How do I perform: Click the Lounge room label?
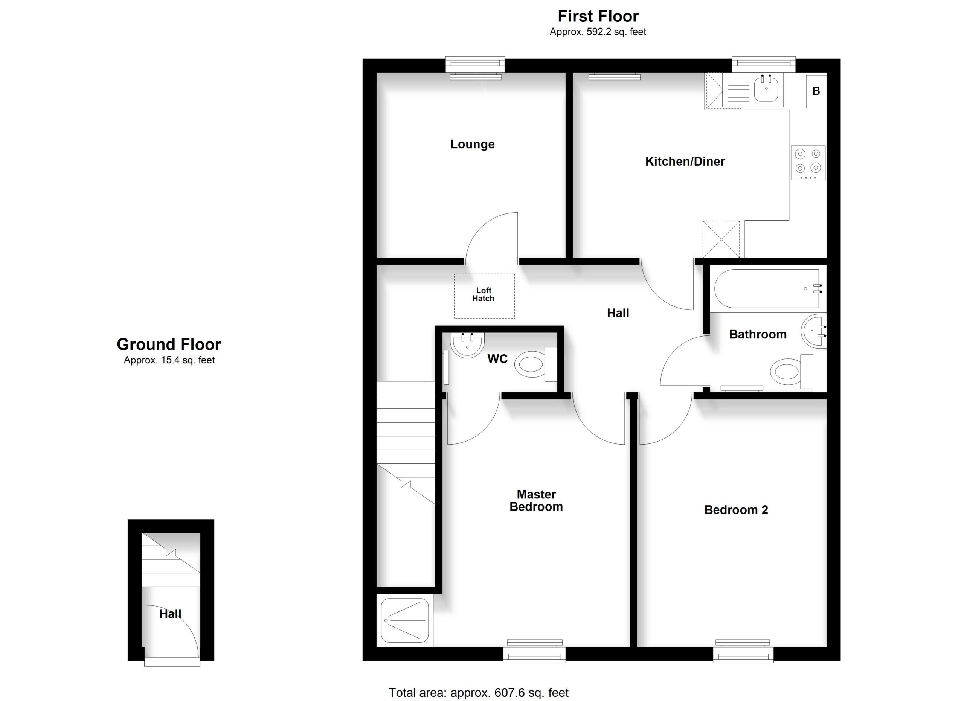tap(472, 145)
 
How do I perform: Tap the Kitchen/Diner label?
tap(685, 162)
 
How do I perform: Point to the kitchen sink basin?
tap(766, 88)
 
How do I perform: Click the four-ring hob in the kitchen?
tap(808, 163)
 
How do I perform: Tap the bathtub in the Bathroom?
tap(768, 288)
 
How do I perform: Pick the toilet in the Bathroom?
tap(798, 370)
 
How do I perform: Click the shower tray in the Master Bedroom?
tap(405, 626)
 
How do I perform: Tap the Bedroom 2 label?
tap(736, 510)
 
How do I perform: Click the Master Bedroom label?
tap(536, 500)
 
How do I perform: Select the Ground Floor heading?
tap(169, 344)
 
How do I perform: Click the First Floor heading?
tap(598, 16)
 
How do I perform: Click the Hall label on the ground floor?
tap(171, 614)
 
